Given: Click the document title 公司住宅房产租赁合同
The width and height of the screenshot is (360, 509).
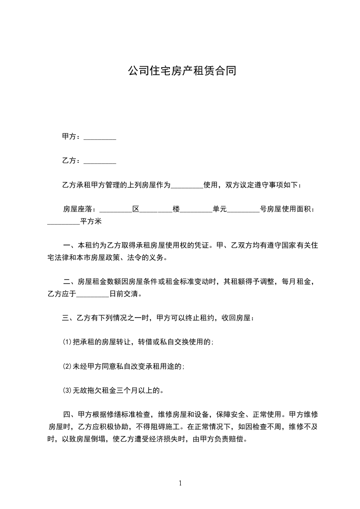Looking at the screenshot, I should (x=182, y=71).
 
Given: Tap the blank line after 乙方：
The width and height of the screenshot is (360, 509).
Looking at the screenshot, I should (x=100, y=161).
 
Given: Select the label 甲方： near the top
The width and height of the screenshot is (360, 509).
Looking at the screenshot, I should (x=71, y=137).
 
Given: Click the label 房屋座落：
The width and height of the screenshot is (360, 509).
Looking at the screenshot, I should (x=79, y=209).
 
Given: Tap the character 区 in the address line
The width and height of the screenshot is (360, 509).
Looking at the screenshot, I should (x=135, y=209).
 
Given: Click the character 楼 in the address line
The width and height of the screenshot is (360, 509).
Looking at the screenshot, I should (x=176, y=209).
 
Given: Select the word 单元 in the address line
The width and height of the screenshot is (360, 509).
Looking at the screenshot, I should (x=219, y=209).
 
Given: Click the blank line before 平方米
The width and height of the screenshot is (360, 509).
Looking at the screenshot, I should (x=64, y=222).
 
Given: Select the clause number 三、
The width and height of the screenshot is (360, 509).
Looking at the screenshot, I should (x=67, y=318).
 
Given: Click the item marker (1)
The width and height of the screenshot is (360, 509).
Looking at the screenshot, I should (x=67, y=343).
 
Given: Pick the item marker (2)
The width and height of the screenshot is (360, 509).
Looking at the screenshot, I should (x=67, y=366).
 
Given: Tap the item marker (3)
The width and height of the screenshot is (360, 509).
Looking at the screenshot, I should (x=67, y=390).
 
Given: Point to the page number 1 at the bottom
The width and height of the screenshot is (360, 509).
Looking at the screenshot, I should (x=180, y=484).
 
